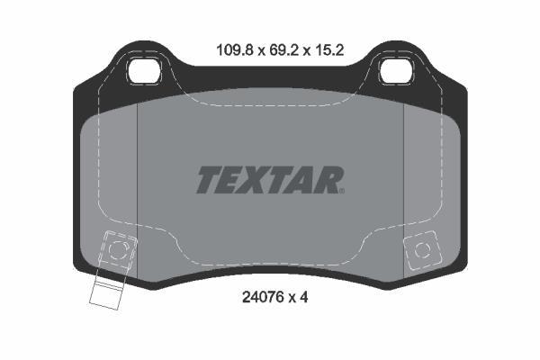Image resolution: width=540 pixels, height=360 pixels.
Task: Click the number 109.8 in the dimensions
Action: click(x=235, y=50)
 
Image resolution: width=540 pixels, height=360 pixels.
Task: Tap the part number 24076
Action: click(x=263, y=297)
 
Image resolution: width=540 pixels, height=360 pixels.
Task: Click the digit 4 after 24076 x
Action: click(x=303, y=297)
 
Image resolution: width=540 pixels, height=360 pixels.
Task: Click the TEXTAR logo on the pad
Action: click(x=270, y=180)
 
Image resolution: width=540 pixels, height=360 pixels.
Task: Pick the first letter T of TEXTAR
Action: click(x=209, y=180)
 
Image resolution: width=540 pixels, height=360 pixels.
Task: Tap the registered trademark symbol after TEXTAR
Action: click(x=342, y=191)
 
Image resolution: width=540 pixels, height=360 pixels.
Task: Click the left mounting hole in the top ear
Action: click(x=145, y=72)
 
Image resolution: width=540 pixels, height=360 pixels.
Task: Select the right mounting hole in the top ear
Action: click(x=396, y=72)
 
